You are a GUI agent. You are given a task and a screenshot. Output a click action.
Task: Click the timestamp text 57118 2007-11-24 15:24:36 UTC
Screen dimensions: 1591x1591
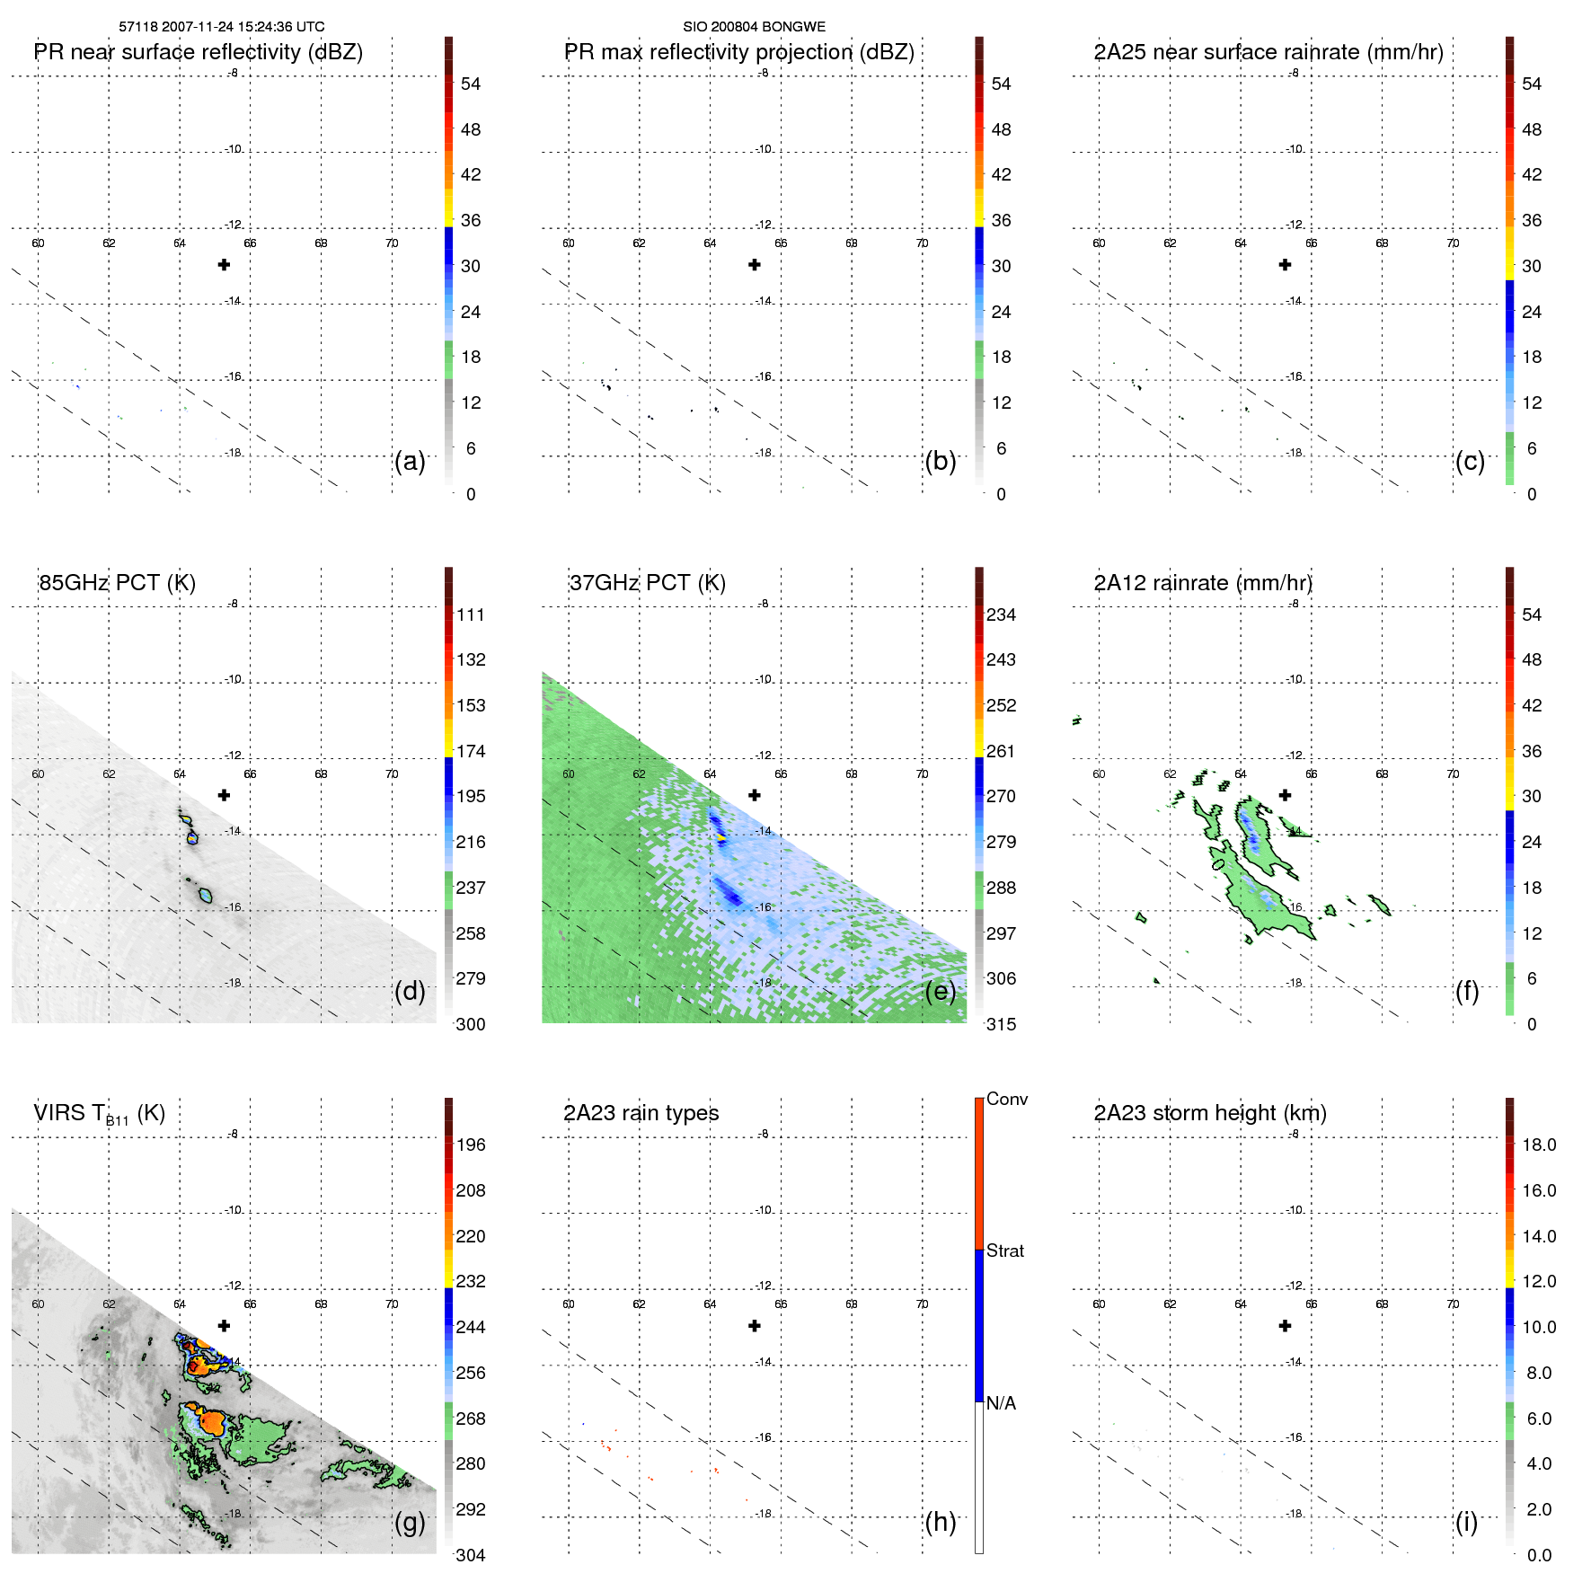coord(222,27)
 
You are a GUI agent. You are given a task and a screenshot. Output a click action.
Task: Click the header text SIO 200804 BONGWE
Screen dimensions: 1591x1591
coord(754,27)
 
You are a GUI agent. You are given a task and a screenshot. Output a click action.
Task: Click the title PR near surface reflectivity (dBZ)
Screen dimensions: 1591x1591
coord(199,52)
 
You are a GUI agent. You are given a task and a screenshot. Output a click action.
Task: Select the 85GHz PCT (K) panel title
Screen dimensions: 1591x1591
coord(117,583)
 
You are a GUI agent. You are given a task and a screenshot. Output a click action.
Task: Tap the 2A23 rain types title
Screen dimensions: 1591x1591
coord(641,1113)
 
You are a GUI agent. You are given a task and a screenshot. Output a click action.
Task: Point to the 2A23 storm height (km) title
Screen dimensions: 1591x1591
coord(1210,1113)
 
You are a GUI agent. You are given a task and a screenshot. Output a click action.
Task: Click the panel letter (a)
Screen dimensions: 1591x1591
coord(410,461)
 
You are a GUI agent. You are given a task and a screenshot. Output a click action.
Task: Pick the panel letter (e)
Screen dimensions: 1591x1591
coord(941,991)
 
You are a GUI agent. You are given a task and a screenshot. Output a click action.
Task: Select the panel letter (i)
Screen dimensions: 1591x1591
coord(1466,1522)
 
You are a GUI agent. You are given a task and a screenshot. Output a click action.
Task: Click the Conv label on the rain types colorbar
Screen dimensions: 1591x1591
coord(1007,1099)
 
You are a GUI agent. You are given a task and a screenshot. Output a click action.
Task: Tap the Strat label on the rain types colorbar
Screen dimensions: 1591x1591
coord(1005,1251)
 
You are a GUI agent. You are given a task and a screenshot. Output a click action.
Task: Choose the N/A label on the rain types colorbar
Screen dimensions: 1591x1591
coord(1001,1403)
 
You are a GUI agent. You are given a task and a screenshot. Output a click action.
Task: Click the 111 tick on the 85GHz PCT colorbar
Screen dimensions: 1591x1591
coord(471,614)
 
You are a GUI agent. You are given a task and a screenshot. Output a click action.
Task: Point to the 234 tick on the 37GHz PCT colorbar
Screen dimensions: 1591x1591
coord(1001,614)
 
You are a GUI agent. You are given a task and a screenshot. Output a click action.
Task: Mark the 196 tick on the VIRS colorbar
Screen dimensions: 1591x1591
coord(471,1145)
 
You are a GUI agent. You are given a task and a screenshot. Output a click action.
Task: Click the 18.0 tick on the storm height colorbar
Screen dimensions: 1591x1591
coord(1539,1145)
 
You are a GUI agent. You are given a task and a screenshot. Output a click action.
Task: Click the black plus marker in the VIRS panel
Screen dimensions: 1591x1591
coord(225,1326)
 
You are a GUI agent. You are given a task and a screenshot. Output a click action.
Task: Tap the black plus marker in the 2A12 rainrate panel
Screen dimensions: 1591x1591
coord(1286,795)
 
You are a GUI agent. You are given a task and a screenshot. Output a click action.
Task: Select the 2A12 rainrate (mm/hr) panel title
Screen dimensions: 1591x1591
coord(1203,583)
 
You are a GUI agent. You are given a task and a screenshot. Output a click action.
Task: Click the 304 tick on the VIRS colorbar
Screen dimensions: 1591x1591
coord(471,1555)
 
